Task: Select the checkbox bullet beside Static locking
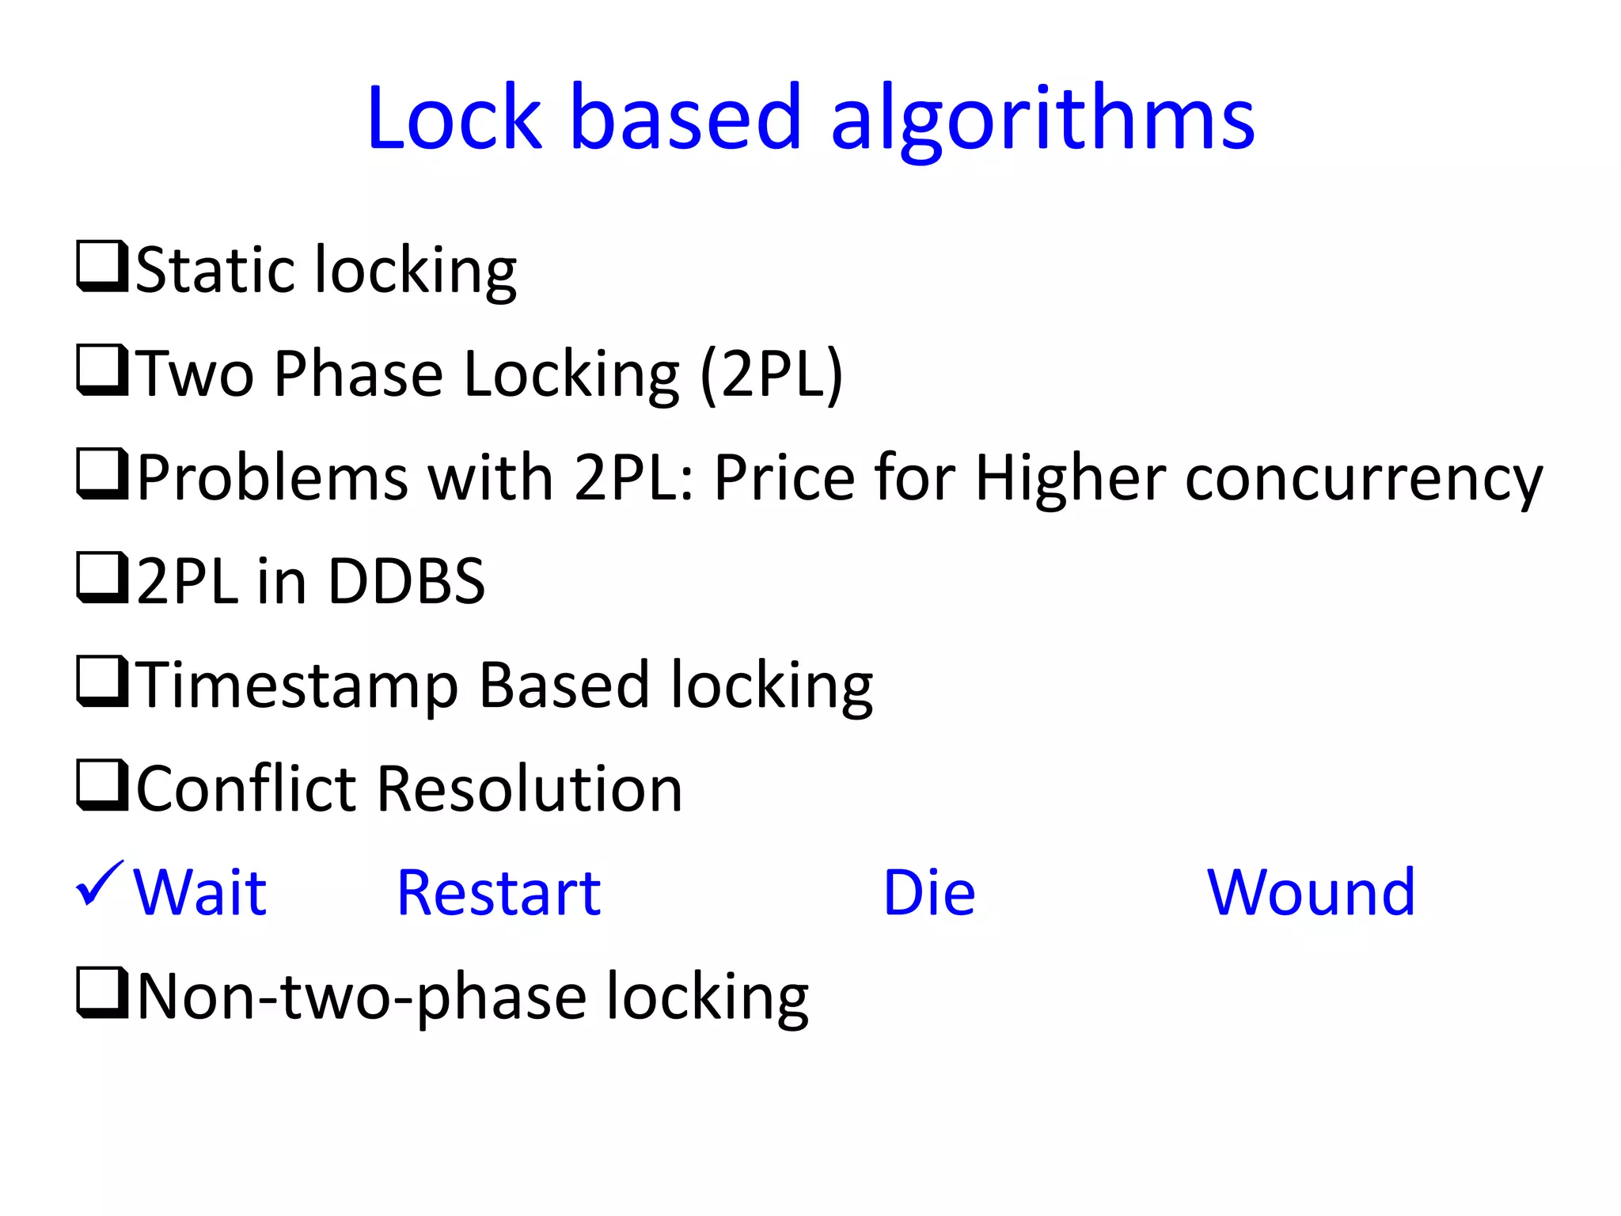coord(102,267)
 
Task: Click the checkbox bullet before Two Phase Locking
coord(102,370)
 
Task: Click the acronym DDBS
coord(406,581)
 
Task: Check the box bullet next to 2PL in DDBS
coord(102,578)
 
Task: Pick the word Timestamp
coord(298,686)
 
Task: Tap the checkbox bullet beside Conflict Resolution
coord(102,785)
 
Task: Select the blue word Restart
coord(499,893)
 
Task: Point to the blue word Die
coord(928,893)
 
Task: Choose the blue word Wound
coord(1311,893)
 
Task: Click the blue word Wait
coord(200,893)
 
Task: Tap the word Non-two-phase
coord(361,997)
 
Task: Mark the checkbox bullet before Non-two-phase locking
coord(102,993)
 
